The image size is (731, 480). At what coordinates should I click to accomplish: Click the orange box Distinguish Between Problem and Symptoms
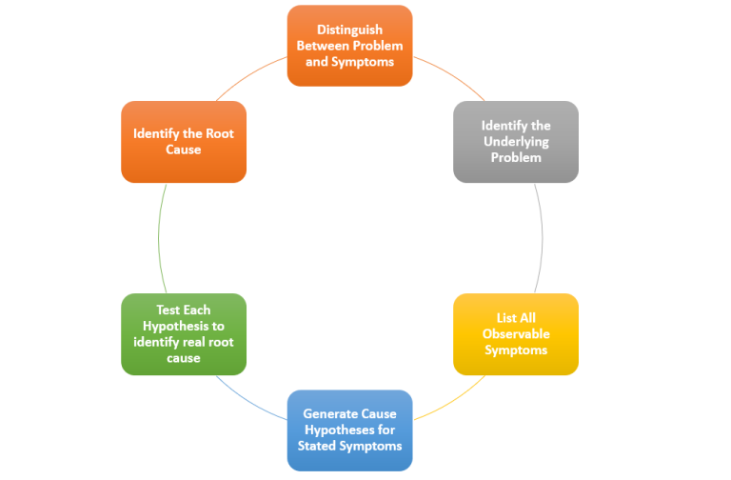(349, 46)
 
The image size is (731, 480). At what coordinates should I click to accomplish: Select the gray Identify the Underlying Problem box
(515, 141)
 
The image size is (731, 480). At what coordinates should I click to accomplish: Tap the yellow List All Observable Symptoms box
(515, 333)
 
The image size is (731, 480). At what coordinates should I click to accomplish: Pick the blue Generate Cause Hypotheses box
(349, 430)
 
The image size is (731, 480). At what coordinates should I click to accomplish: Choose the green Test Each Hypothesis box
(184, 333)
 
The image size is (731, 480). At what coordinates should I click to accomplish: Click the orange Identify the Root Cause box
(184, 141)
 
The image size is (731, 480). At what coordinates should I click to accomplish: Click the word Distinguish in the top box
(349, 30)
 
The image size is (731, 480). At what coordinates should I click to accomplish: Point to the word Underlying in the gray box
(516, 141)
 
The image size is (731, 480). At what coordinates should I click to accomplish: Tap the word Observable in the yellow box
(516, 333)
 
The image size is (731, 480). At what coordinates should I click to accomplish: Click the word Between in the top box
(324, 46)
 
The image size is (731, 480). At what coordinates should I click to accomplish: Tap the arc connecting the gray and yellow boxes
(541, 238)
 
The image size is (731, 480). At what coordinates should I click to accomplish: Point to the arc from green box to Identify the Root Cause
(159, 238)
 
